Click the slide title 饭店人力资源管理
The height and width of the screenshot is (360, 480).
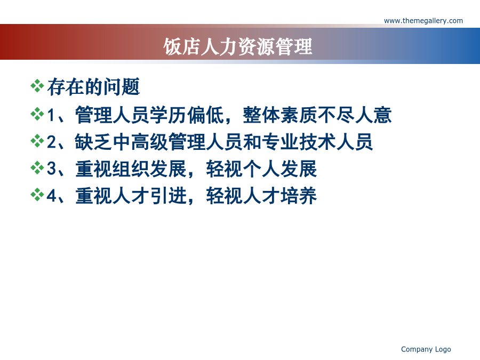tap(238, 46)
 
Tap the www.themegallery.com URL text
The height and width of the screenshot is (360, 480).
tap(423, 21)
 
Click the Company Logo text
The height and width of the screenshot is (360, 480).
tap(426, 349)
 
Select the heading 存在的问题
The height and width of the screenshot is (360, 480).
tap(94, 87)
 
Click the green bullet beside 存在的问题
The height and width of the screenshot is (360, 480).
tap(37, 86)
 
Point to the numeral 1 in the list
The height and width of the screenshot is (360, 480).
tap(51, 115)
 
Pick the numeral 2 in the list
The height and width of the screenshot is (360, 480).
tap(51, 142)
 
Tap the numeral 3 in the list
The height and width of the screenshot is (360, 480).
tap(51, 169)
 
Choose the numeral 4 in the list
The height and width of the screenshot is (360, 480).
tap(51, 195)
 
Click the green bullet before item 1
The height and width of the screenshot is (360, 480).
tap(37, 114)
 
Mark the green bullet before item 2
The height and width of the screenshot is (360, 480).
tap(37, 141)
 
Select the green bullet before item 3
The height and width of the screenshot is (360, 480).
tap(37, 168)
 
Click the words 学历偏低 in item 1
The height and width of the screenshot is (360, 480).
tap(187, 115)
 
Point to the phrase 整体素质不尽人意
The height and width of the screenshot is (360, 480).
tap(317, 115)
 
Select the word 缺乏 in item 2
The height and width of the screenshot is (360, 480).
tap(93, 142)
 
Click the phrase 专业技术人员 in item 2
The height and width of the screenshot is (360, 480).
tap(317, 142)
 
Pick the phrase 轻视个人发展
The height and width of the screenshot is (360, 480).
tap(261, 169)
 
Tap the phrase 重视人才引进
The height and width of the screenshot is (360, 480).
tap(131, 196)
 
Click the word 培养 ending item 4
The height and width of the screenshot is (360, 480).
tap(299, 196)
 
